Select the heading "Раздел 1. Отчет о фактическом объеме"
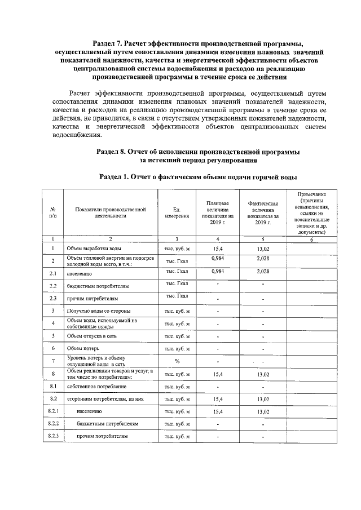(197, 177)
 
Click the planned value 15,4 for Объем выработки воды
(217, 247)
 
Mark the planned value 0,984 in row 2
(217, 258)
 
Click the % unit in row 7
(177, 361)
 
